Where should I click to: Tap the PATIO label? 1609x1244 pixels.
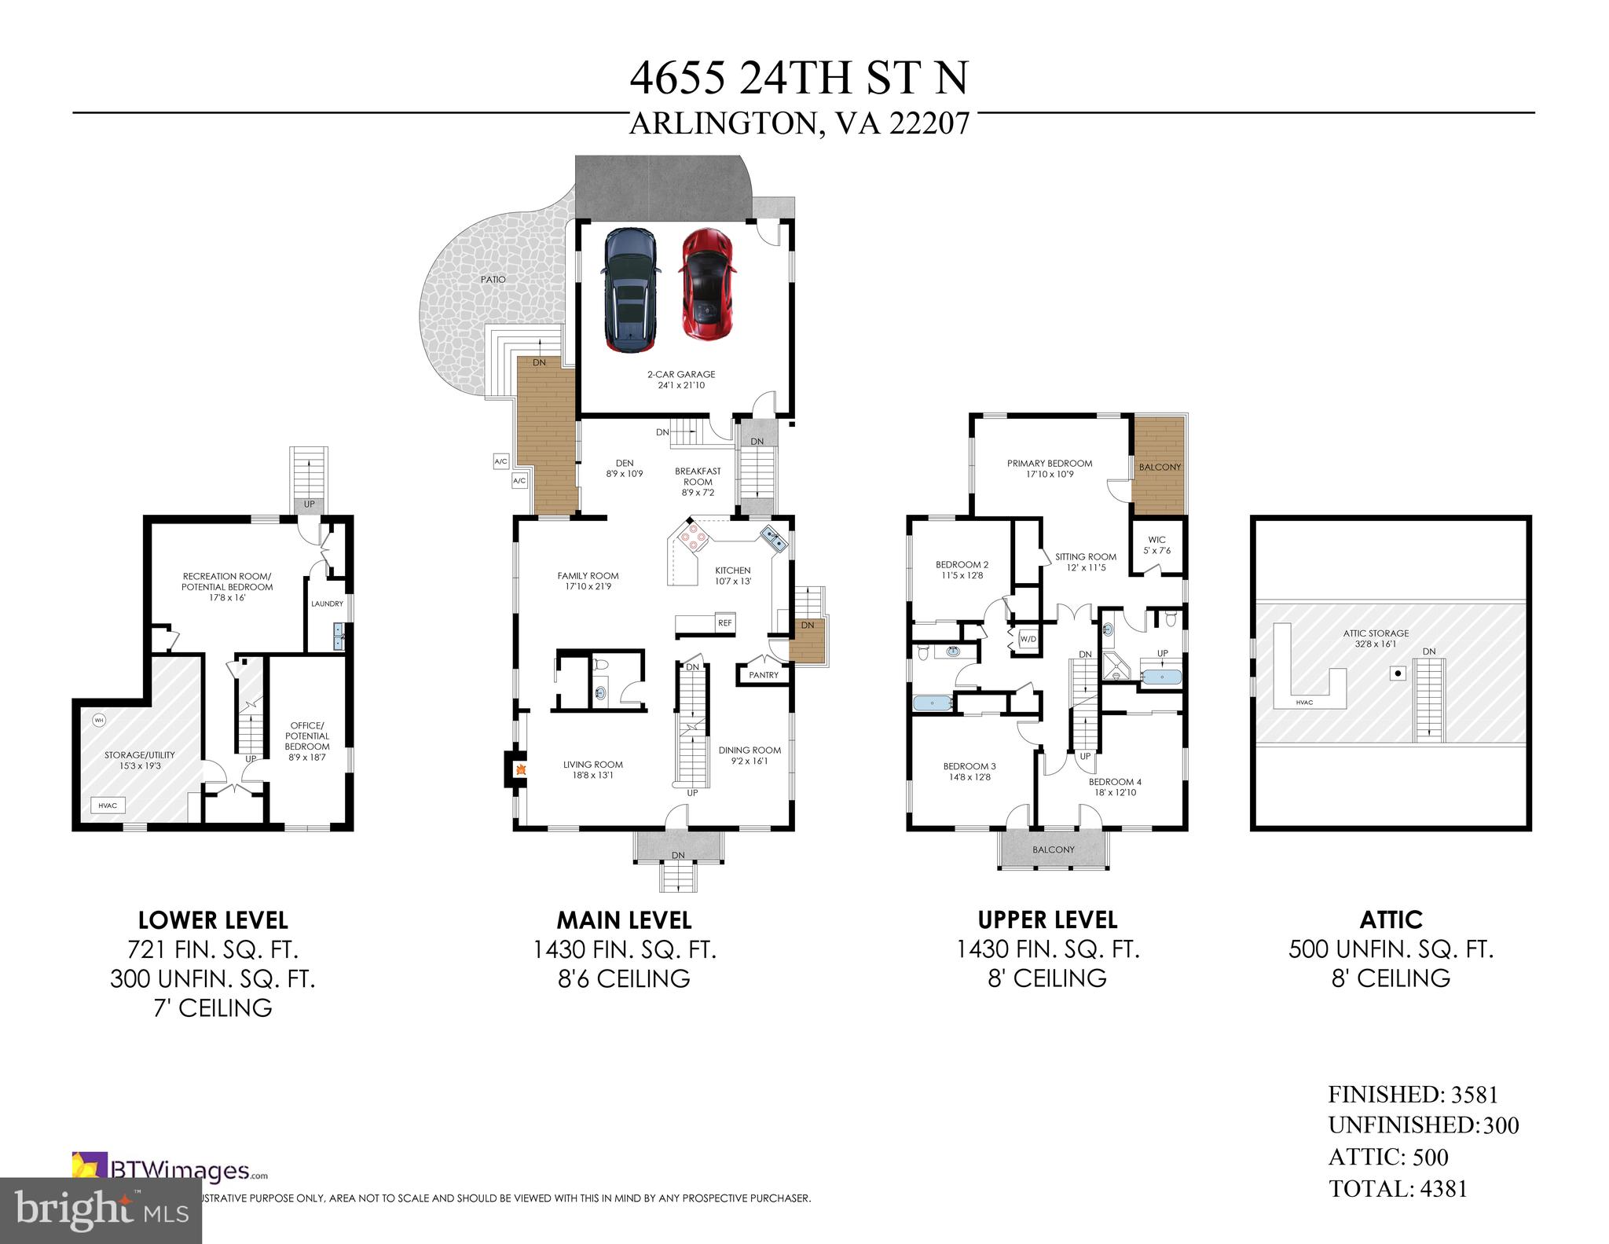click(493, 280)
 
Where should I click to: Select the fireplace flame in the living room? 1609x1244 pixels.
click(519, 769)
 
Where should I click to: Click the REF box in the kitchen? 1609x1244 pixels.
click(724, 623)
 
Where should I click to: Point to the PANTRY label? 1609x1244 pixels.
click(763, 675)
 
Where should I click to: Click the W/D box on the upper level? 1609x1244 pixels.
click(1028, 639)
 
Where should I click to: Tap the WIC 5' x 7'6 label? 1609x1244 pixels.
click(1156, 545)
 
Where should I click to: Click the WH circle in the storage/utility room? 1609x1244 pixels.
click(99, 719)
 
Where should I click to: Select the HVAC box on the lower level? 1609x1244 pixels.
click(108, 805)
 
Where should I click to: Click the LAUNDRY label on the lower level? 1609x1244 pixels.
click(327, 604)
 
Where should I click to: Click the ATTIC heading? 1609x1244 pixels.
click(1391, 919)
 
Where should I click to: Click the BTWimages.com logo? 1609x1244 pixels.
click(169, 1172)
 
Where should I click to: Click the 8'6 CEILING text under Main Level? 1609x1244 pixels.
click(624, 979)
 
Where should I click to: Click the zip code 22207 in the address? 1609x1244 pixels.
click(929, 124)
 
